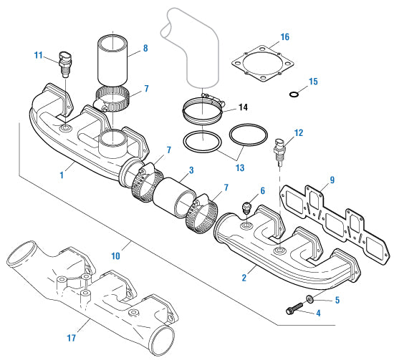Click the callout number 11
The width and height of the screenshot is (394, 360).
(x=39, y=54)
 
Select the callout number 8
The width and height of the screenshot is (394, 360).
(x=145, y=49)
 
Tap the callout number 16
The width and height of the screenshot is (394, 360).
(x=284, y=37)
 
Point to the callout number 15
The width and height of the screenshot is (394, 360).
(x=312, y=82)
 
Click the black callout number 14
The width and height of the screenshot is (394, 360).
(x=243, y=107)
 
